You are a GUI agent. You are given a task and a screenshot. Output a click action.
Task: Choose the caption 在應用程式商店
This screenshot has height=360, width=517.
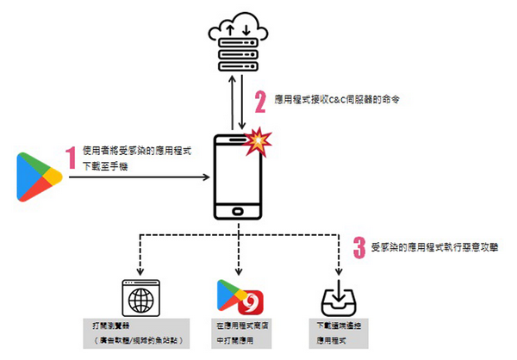point(240,328)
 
